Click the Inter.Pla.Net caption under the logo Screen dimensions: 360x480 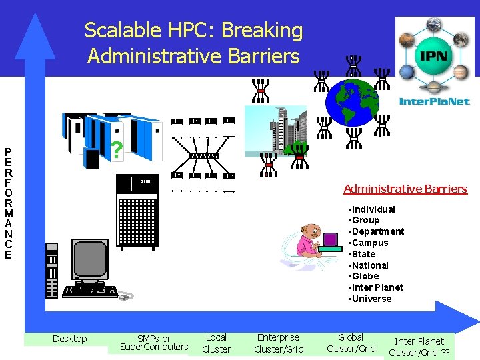click(435, 101)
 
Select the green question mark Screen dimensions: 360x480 click(117, 151)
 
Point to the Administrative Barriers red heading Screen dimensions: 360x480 click(405, 189)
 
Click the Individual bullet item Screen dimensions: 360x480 click(373, 209)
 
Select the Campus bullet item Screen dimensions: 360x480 click(370, 243)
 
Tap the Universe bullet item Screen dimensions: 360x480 click(371, 299)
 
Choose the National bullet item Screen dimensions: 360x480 click(371, 265)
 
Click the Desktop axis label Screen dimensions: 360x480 click(69, 339)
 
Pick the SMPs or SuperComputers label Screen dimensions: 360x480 click(154, 343)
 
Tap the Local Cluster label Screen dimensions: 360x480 click(216, 343)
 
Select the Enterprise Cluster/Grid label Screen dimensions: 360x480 click(279, 343)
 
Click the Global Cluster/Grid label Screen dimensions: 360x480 click(351, 343)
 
